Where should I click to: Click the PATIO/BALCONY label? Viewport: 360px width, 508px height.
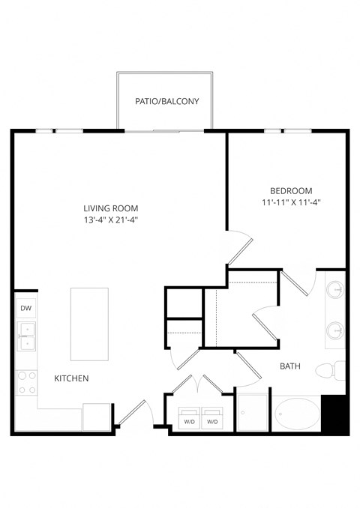(x=166, y=100)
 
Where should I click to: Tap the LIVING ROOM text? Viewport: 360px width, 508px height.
(x=110, y=208)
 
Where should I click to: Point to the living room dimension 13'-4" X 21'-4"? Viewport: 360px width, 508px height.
(x=110, y=220)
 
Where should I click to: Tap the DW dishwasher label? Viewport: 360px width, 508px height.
(x=25, y=308)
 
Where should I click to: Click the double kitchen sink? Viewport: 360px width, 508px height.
(x=25, y=336)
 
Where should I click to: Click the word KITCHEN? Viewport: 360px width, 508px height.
(x=71, y=378)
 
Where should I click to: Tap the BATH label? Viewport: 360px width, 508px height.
(x=289, y=366)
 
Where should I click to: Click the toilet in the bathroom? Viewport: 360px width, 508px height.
(x=328, y=370)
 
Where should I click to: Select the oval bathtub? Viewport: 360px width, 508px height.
(x=295, y=413)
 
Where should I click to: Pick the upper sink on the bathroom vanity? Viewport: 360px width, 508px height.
(x=336, y=289)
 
